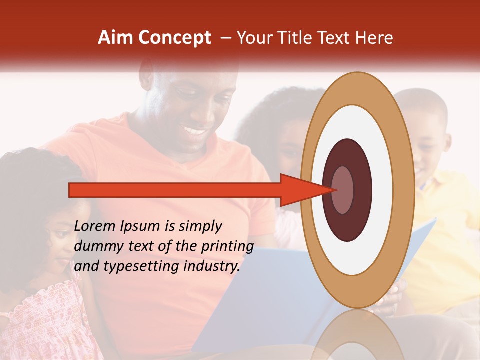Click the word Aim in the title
click(115, 38)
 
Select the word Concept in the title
click(174, 38)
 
